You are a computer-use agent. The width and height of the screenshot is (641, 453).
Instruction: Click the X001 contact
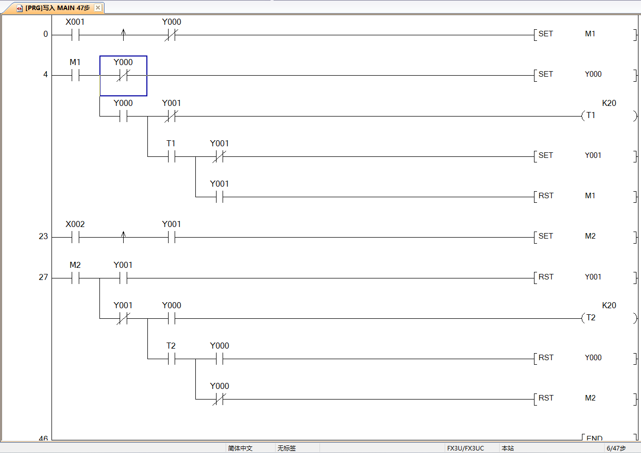75,35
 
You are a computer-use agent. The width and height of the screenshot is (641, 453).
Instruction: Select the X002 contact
75,238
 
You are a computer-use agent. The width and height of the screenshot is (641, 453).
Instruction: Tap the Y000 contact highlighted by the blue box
123,76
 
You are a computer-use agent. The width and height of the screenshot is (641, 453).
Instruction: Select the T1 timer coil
591,116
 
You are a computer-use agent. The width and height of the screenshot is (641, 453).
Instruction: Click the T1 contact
171,157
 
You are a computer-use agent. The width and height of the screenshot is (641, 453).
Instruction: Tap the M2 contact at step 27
75,278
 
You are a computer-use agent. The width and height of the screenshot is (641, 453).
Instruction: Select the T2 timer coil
591,318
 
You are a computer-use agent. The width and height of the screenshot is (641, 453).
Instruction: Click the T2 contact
171,359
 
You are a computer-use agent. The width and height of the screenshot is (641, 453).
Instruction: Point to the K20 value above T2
609,306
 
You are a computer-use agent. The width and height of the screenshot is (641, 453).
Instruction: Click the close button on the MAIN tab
98,8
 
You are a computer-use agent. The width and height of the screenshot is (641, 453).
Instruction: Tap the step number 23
43,237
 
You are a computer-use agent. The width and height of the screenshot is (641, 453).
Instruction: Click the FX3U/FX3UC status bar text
465,448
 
